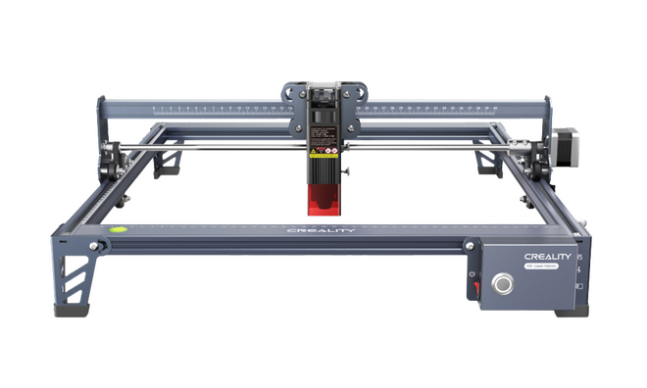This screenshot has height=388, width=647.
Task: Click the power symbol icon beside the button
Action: [474, 271]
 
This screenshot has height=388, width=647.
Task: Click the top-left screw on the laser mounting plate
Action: [289, 86]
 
